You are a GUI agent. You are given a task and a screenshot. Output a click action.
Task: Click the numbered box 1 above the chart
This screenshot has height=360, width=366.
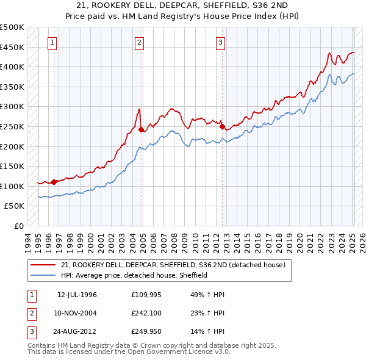(x=52, y=42)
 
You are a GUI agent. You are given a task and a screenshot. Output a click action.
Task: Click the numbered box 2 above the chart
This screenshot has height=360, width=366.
(x=140, y=42)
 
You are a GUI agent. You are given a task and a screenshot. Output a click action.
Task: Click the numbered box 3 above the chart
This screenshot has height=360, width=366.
(x=220, y=42)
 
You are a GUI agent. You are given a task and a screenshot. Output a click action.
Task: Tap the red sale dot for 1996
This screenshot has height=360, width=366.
(x=54, y=181)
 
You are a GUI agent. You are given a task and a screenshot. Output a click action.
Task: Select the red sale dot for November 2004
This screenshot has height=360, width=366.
(x=142, y=129)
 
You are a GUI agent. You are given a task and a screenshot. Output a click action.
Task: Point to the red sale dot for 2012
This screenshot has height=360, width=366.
(x=222, y=126)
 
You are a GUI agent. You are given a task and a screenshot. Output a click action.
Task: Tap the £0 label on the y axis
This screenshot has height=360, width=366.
(x=18, y=226)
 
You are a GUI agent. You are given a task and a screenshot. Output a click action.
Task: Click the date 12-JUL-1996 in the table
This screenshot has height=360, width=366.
(x=77, y=295)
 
